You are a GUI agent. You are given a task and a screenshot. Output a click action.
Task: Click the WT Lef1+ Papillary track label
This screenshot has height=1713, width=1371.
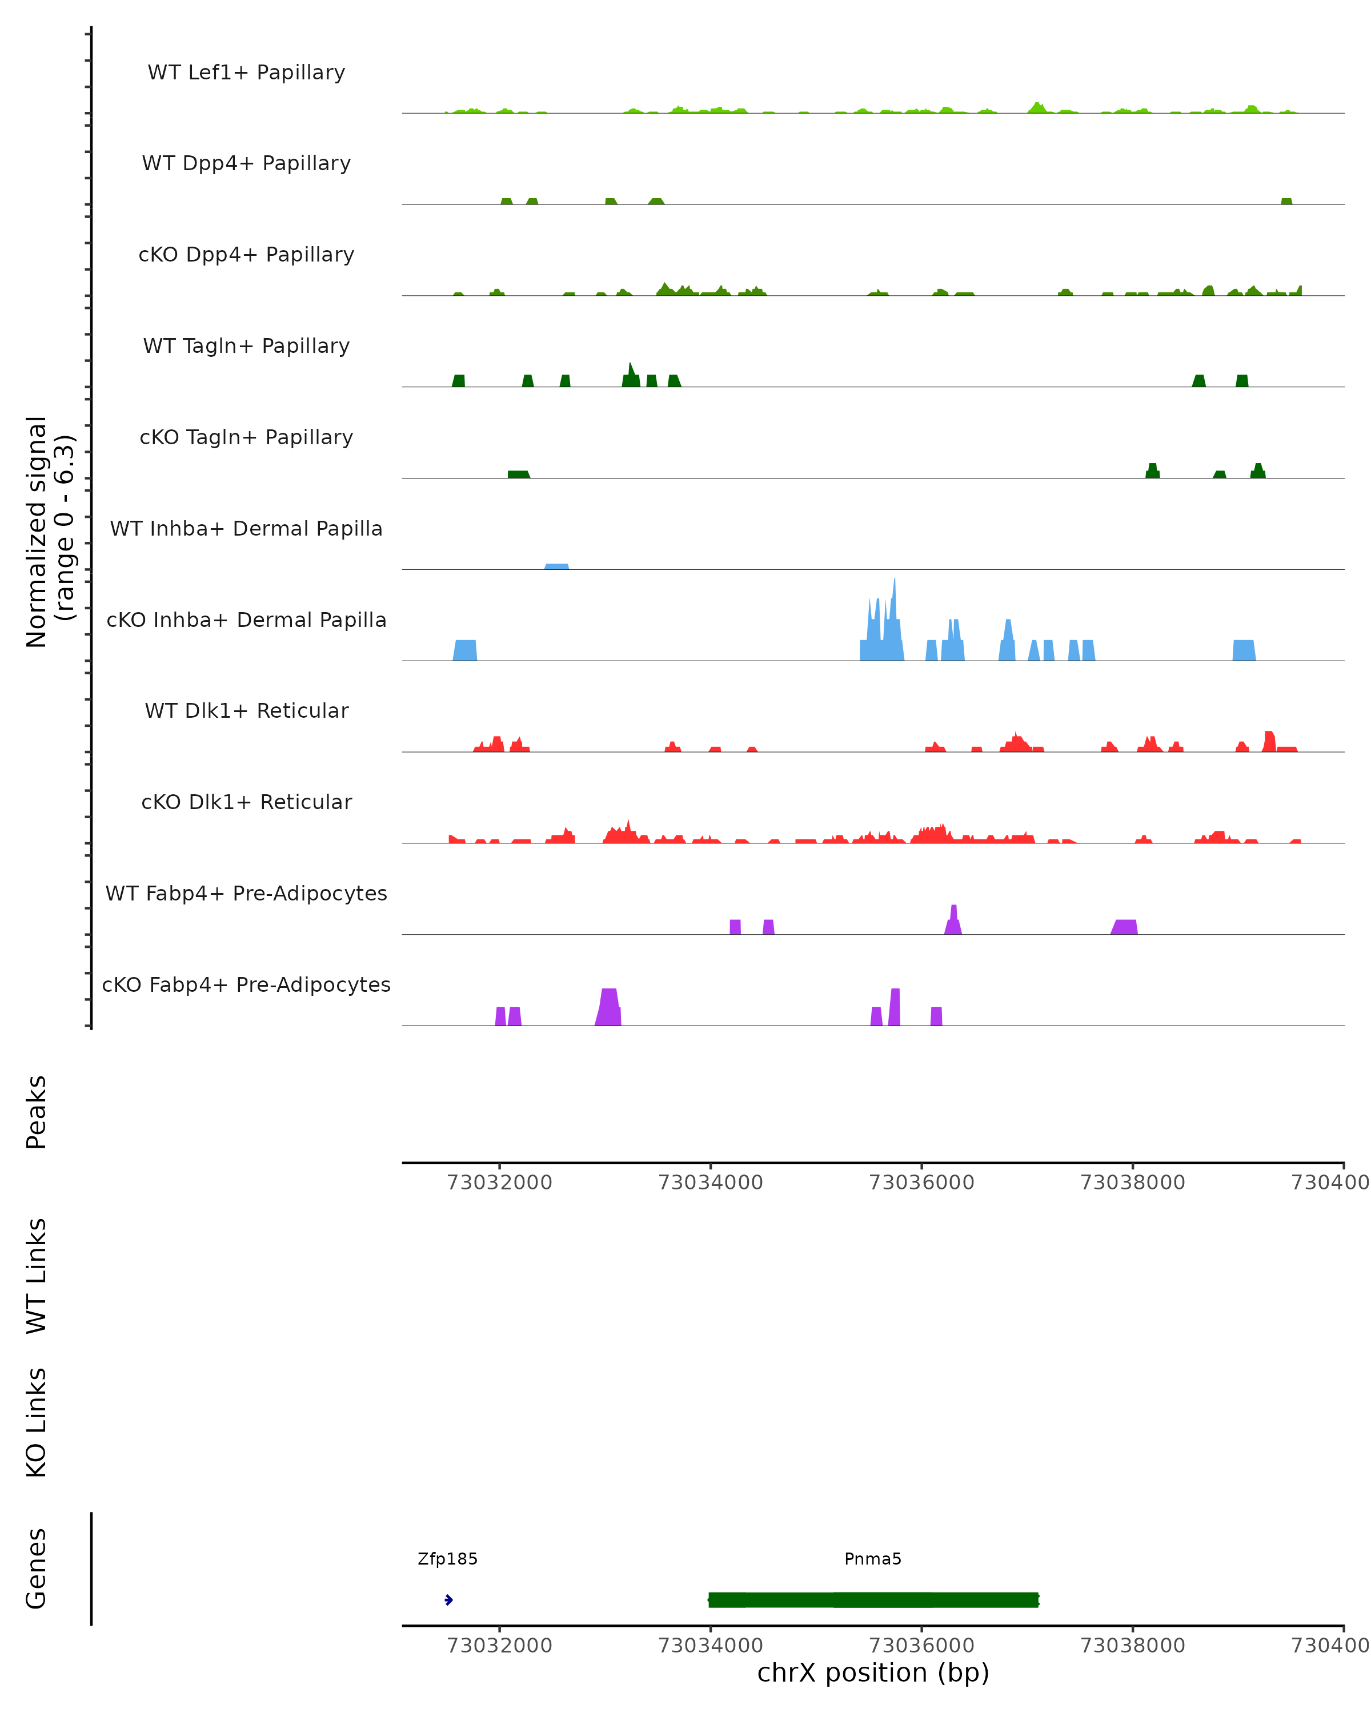[x=246, y=73]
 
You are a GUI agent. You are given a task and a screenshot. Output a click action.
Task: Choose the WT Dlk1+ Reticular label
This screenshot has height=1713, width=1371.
[x=246, y=710]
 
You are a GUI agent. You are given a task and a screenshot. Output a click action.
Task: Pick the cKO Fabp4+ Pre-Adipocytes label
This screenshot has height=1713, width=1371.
[x=246, y=984]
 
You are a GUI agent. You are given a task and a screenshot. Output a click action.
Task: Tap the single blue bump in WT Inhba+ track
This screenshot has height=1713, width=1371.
[x=556, y=566]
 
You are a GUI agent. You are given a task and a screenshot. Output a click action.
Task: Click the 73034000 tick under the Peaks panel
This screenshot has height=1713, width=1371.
[x=711, y=1183]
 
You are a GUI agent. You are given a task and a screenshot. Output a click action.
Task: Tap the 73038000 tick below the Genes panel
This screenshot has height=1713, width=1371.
[x=1133, y=1646]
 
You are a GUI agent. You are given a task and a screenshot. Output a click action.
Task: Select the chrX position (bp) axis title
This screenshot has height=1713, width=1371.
[x=873, y=1673]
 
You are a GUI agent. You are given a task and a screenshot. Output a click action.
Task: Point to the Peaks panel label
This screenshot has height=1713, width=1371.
[x=37, y=1112]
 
